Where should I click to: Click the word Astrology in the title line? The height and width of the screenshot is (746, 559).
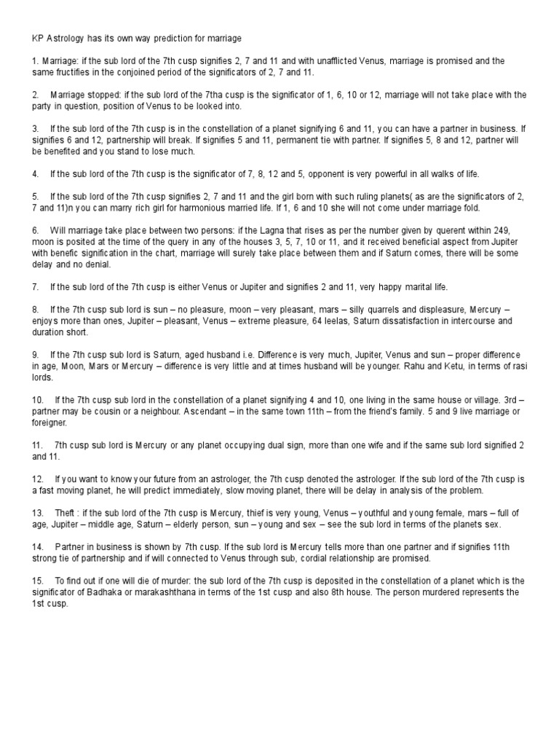coord(63,37)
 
